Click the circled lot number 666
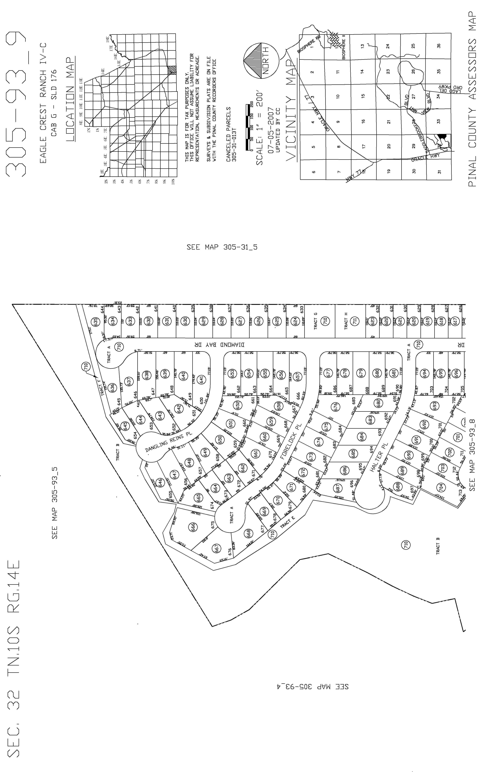tap(193, 527)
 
